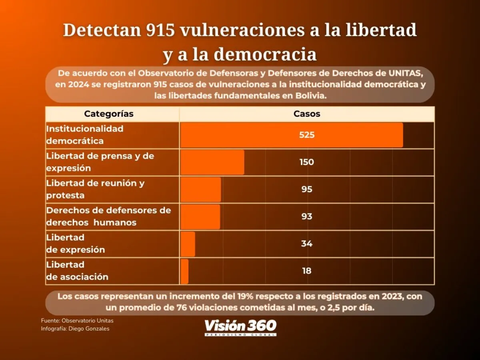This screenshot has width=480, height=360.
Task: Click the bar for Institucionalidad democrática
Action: pyautogui.click(x=291, y=135)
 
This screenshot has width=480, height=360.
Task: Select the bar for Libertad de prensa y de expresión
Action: pyautogui.click(x=212, y=162)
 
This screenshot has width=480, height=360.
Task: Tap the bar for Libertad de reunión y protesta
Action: pyautogui.click(x=201, y=190)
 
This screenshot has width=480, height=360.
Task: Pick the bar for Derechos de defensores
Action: pyautogui.click(x=200, y=217)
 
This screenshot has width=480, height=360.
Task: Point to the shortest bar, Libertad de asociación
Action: pyautogui.click(x=184, y=271)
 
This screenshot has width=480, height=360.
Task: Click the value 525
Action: pyautogui.click(x=307, y=135)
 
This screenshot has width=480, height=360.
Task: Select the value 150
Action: pyautogui.click(x=307, y=162)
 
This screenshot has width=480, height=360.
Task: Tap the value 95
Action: pyautogui.click(x=307, y=190)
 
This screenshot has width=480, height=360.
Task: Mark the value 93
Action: pyautogui.click(x=307, y=217)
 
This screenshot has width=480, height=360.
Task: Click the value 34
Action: pyautogui.click(x=307, y=244)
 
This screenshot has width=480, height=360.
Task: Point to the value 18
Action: pyautogui.click(x=307, y=271)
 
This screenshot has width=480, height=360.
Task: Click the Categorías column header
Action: pyautogui.click(x=109, y=114)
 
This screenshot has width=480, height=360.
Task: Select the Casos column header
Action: pyautogui.click(x=307, y=114)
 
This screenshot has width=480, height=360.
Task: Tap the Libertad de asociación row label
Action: pyautogui.click(x=78, y=271)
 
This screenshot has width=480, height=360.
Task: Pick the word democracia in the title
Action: pyautogui.click(x=265, y=54)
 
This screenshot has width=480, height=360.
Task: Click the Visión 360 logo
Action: pyautogui.click(x=240, y=328)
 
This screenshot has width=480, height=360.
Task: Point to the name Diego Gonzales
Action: pyautogui.click(x=89, y=329)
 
